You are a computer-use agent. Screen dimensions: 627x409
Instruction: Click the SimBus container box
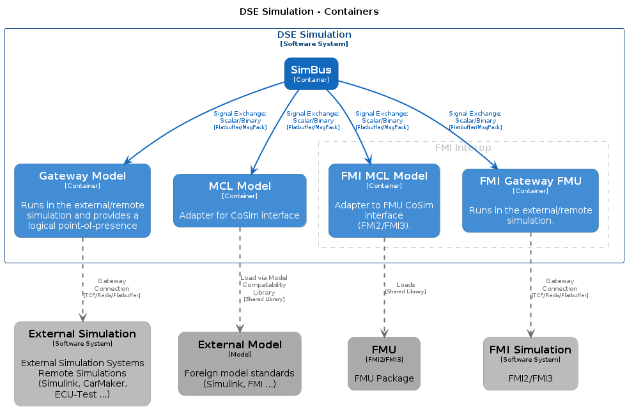(311, 73)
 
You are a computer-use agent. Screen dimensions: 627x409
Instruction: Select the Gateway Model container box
(82, 201)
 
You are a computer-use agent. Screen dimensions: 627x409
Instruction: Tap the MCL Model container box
(240, 201)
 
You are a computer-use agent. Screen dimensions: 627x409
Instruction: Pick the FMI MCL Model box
(384, 201)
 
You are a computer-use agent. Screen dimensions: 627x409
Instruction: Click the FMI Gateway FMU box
(530, 201)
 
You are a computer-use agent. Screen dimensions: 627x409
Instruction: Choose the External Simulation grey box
(82, 364)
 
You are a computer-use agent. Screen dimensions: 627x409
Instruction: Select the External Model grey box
(240, 364)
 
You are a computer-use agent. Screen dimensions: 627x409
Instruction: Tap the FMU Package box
(384, 364)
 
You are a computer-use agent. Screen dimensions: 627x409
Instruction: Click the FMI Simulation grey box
(530, 364)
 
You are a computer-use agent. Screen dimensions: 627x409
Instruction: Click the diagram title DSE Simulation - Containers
(309, 12)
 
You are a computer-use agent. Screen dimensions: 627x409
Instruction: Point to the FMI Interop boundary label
(463, 148)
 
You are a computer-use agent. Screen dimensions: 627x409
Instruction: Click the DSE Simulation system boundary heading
(314, 38)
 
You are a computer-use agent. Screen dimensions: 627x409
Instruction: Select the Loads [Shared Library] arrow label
(405, 288)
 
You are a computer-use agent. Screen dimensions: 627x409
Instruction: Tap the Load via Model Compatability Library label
(264, 288)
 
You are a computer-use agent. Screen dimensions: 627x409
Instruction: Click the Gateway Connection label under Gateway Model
(112, 288)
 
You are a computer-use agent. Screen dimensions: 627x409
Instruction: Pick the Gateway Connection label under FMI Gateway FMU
(560, 288)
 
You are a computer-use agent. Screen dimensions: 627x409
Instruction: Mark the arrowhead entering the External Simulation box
(83, 318)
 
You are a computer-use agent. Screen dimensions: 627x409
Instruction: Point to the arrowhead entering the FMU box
(384, 333)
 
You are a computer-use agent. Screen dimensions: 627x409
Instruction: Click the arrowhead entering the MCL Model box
(253, 171)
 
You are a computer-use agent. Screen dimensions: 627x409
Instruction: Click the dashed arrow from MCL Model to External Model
(240, 280)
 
